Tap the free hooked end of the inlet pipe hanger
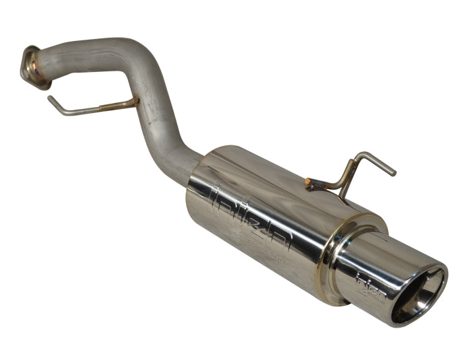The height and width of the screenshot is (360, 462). pos(51,98)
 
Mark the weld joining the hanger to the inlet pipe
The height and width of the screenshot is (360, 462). pos(131,102)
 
